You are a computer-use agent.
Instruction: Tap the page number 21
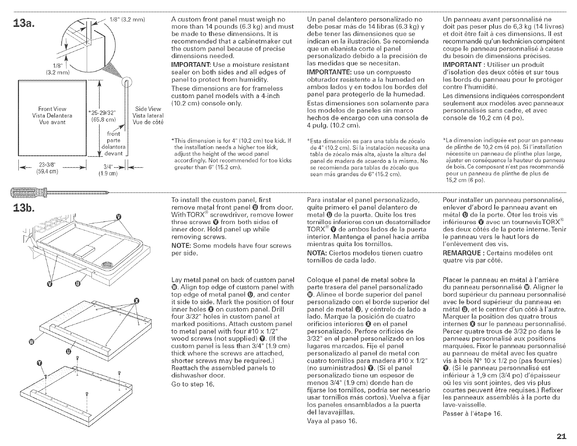click(x=561, y=436)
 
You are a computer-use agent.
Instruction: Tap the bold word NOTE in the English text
click(x=181, y=245)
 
